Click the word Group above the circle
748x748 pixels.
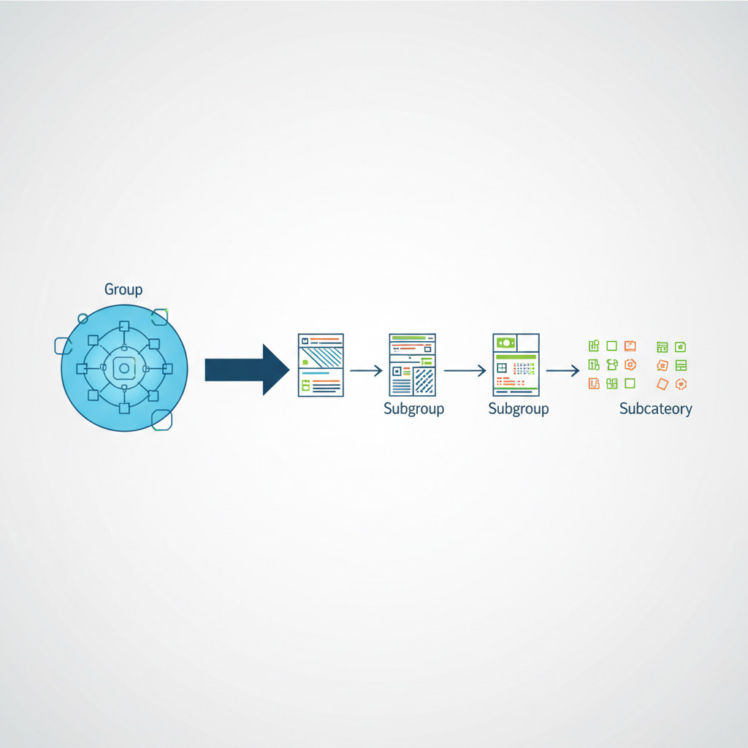[x=123, y=289]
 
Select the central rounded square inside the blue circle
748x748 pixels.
[x=124, y=368]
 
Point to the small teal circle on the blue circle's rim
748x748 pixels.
[x=83, y=318]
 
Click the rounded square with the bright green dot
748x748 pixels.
[x=159, y=317]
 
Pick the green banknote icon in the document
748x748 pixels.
[x=505, y=343]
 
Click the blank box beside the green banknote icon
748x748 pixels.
[x=528, y=343]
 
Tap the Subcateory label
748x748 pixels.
[x=655, y=409]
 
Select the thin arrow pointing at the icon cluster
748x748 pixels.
[x=563, y=370]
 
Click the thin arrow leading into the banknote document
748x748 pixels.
[x=465, y=370]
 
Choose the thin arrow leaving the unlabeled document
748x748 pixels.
[x=367, y=370]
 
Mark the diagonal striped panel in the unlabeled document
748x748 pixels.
[x=321, y=356]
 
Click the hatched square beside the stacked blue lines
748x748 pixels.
[x=424, y=381]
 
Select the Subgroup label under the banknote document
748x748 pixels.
[x=519, y=409]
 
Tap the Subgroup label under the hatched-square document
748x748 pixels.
[x=413, y=409]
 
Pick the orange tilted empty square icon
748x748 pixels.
[x=662, y=384]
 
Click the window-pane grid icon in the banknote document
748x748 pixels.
[x=501, y=368]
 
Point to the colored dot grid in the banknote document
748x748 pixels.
[x=524, y=368]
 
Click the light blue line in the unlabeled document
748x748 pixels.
[x=316, y=373]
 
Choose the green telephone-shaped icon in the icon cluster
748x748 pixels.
[x=612, y=365]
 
